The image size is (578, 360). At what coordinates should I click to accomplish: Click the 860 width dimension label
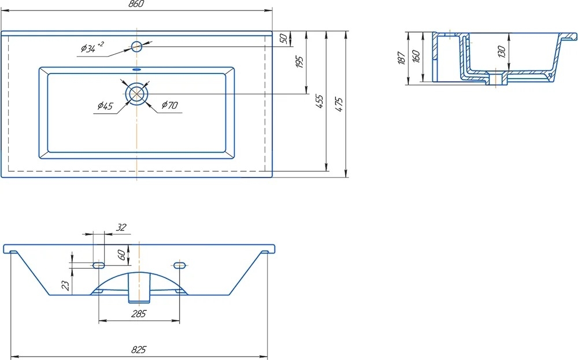tap(136, 4)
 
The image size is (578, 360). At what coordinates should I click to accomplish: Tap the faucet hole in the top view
tap(137, 46)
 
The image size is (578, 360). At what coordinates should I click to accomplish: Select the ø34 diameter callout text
tap(92, 47)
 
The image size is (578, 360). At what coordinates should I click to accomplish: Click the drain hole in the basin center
tap(137, 94)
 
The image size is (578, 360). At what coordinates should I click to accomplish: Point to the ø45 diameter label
tap(105, 106)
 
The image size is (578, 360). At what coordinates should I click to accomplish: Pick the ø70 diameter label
tap(169, 105)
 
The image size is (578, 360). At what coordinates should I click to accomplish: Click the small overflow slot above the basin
tap(136, 69)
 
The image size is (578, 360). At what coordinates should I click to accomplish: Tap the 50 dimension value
tap(283, 38)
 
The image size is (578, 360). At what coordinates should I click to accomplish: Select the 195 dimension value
tap(299, 62)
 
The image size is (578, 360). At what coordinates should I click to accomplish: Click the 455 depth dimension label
tap(320, 101)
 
